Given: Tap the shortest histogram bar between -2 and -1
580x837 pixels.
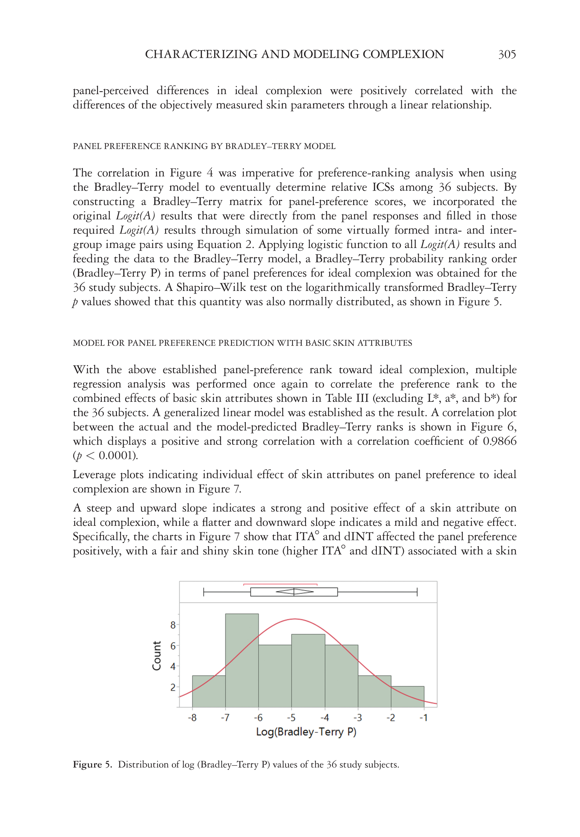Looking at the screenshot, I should [x=407, y=697].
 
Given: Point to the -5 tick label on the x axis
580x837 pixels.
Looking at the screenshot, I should [x=291, y=718].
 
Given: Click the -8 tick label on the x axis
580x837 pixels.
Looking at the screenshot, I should [x=192, y=718].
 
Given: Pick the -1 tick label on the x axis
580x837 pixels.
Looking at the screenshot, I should [x=423, y=718].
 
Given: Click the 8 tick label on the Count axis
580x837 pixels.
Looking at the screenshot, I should [x=173, y=625].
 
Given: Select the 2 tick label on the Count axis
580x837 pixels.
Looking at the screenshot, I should [x=173, y=688].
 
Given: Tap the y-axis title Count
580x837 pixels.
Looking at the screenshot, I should [x=157, y=656].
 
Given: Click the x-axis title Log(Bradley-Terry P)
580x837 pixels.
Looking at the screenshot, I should [x=306, y=732].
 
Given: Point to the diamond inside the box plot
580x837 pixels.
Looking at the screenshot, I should [x=294, y=592].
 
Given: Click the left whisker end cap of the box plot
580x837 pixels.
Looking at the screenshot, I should [x=204, y=592].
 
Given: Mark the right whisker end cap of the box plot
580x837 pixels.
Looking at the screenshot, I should [x=417, y=592].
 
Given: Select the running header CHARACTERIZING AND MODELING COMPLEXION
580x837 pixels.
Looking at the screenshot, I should [x=294, y=55].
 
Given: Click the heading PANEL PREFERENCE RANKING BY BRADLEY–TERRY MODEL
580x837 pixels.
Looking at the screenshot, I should [x=204, y=146].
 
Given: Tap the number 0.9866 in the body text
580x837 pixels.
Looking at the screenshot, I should [x=499, y=441].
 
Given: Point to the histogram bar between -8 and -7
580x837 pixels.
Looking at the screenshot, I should [x=209, y=691].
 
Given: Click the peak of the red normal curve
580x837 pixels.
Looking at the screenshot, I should [x=295, y=619].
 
